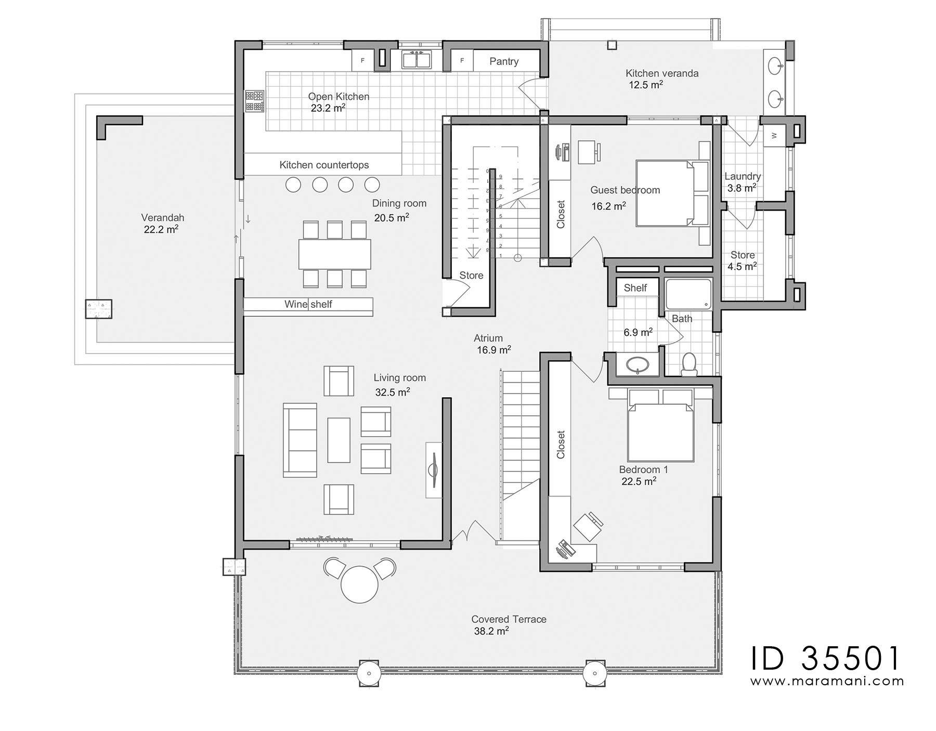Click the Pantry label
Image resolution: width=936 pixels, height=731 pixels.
[503, 61]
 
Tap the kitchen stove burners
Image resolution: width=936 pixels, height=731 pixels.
[254, 101]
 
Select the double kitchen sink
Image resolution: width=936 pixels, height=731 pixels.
[416, 60]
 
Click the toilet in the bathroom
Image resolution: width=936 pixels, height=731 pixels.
[689, 364]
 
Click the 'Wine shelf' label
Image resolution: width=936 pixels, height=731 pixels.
[308, 304]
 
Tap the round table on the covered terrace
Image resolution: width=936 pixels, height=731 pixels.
[359, 584]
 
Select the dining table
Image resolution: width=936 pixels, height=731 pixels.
[334, 254]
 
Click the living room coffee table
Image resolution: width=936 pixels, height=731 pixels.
[339, 440]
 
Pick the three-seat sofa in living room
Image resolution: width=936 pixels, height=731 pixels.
[300, 440]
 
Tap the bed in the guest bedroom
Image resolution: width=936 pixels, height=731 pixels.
[668, 193]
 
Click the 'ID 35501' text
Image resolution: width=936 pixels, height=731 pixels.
[825, 658]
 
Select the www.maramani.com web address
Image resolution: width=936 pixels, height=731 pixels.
[827, 681]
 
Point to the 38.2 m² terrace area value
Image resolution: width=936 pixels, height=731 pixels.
[491, 631]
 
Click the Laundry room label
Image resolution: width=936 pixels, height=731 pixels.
[742, 176]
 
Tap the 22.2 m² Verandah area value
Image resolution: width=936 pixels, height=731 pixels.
[161, 229]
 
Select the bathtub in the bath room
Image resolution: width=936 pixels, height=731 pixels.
[688, 294]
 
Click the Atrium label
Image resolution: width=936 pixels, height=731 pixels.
[488, 338]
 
